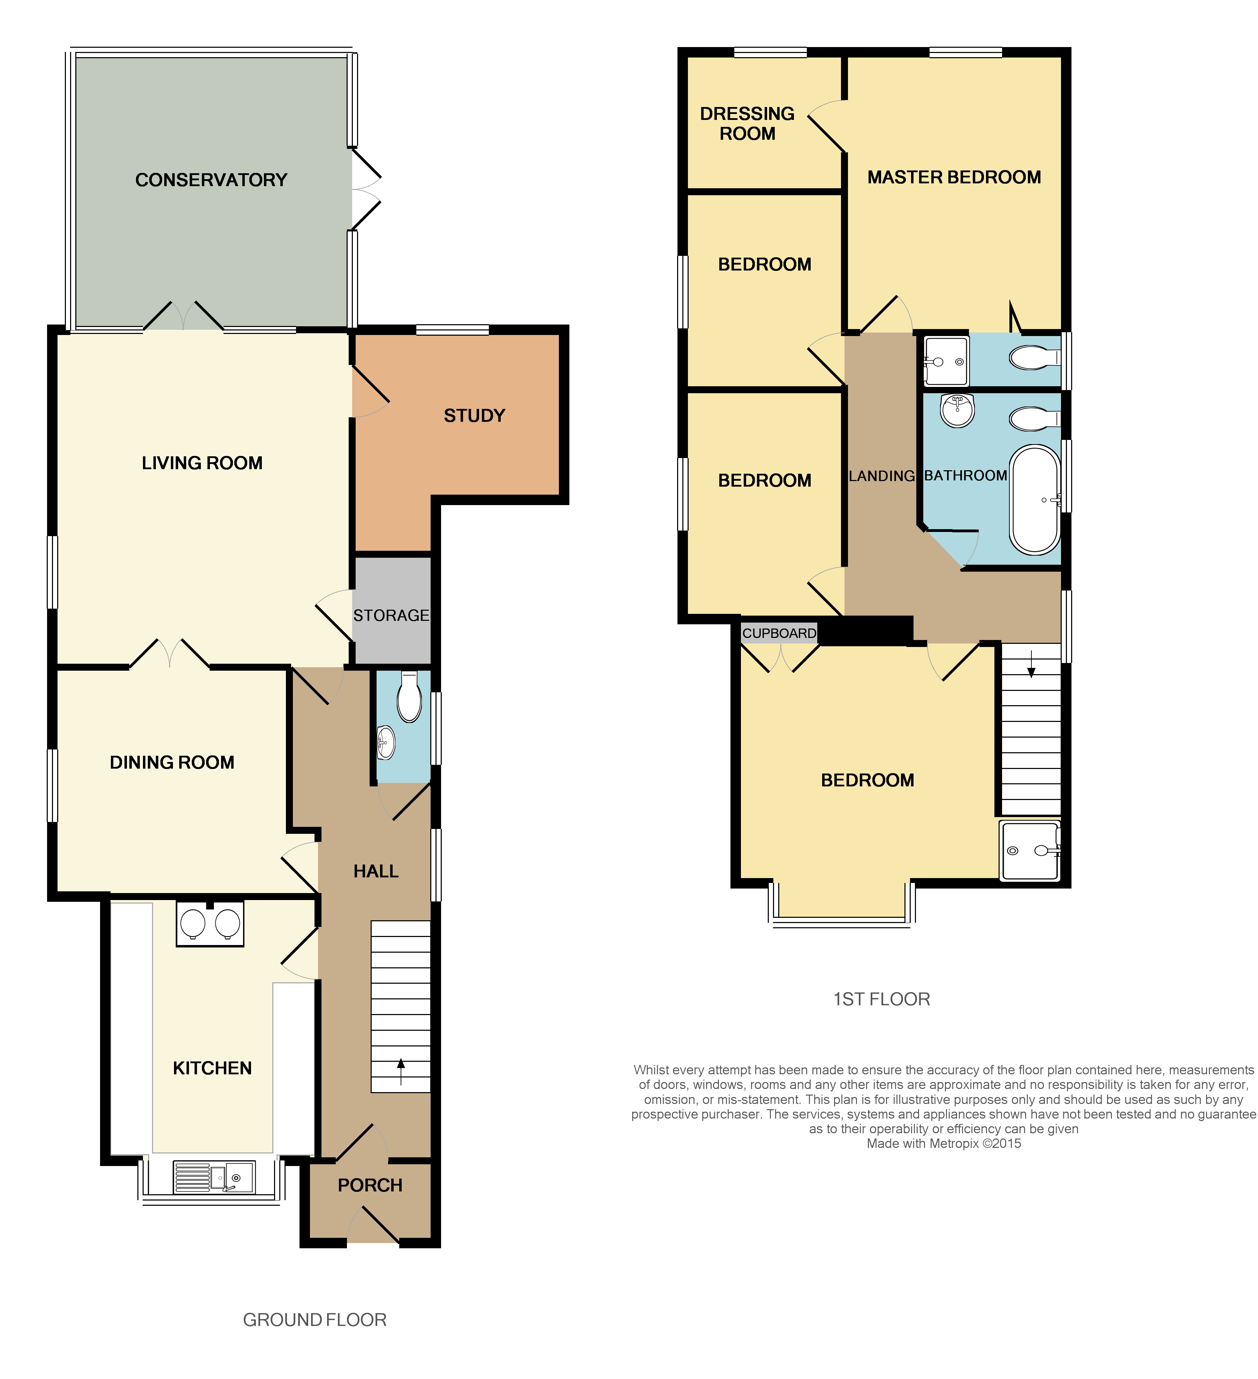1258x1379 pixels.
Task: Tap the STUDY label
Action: coord(474,416)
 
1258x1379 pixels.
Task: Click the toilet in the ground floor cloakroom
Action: coord(409,698)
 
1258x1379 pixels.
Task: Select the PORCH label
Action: coord(370,1186)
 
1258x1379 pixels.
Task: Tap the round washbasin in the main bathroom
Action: coord(957,410)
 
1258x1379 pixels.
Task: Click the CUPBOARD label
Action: coord(779,633)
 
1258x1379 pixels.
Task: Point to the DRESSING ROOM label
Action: coord(747,124)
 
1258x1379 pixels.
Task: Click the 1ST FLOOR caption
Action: coord(881,999)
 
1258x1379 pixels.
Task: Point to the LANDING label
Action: coord(881,476)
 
